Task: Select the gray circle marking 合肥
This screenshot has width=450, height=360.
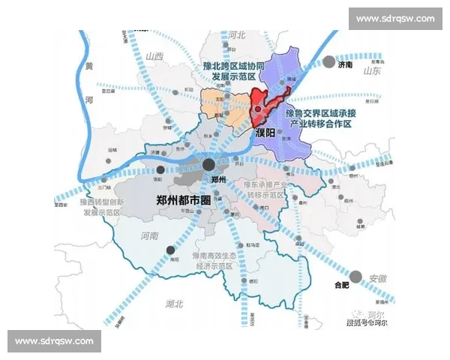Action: (x=356, y=276)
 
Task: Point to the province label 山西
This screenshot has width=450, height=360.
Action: (x=155, y=55)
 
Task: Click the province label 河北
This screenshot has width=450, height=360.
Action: (x=237, y=34)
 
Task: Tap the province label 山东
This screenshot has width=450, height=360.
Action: (x=373, y=71)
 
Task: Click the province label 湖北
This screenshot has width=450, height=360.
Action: (x=175, y=303)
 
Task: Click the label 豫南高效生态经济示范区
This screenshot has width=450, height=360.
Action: (x=215, y=261)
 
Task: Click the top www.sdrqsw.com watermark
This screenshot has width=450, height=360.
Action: (x=395, y=18)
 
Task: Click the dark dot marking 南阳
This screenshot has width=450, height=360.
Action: (x=172, y=250)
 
